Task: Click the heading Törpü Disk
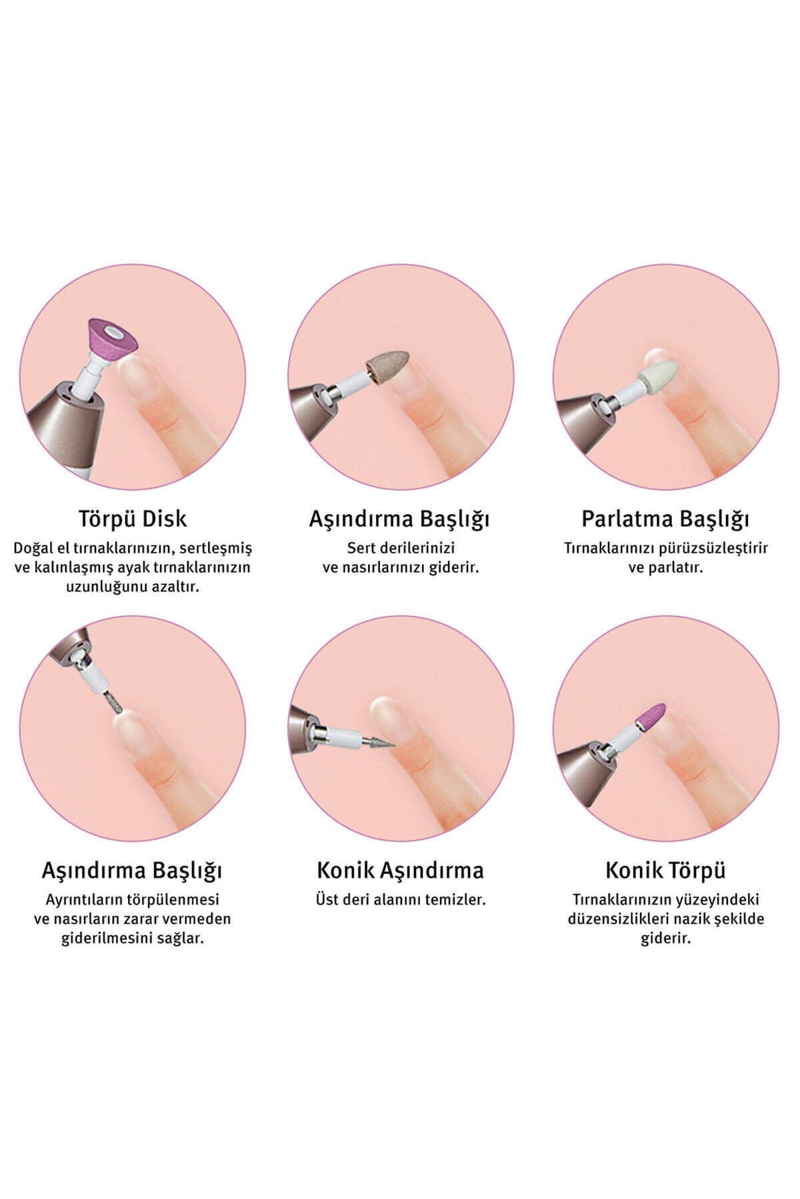[x=132, y=519]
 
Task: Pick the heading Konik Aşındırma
[x=400, y=870]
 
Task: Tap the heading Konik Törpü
[x=665, y=870]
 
